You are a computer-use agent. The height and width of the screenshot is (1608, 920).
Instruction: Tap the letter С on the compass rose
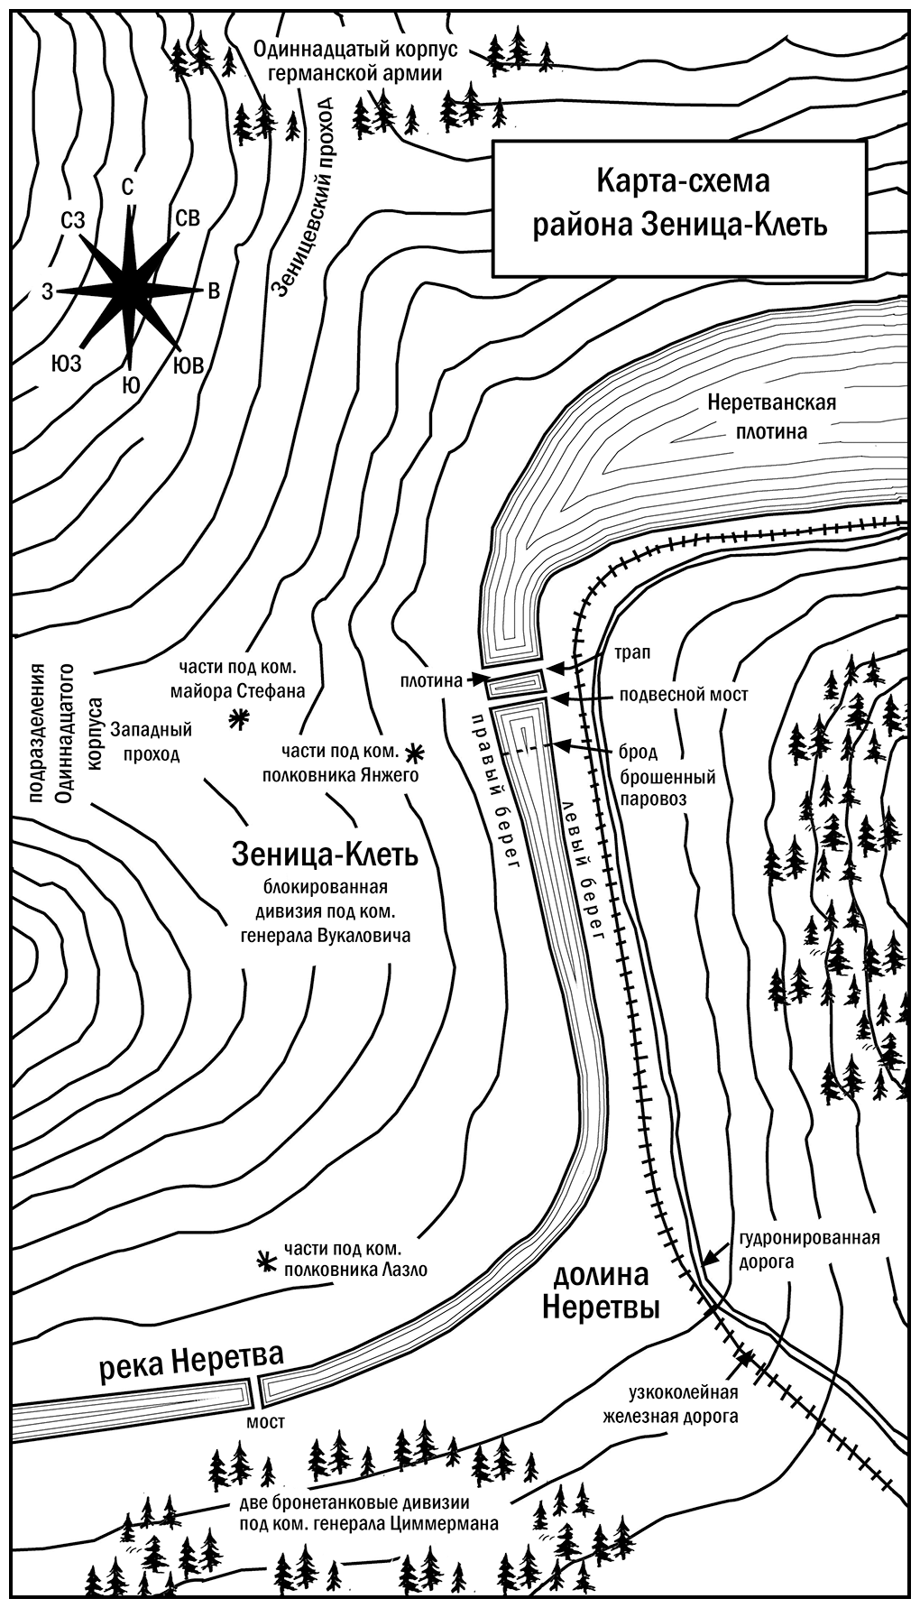[128, 186]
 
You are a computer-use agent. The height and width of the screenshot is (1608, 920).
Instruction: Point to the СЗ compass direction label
[74, 219]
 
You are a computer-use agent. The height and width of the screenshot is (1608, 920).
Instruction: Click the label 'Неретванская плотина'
[772, 417]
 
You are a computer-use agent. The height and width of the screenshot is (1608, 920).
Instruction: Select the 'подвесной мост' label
[685, 696]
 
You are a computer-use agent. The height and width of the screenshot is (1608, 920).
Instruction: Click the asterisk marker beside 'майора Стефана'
[239, 719]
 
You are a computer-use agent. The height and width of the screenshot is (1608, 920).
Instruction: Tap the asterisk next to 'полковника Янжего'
[414, 751]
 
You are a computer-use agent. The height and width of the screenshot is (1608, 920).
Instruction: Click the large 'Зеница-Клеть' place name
[325, 854]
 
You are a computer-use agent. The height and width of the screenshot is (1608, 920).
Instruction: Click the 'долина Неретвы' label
[602, 1290]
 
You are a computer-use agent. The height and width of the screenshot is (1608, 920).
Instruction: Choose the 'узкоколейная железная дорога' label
[670, 1403]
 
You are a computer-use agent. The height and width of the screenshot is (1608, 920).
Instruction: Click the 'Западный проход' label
[146, 740]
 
